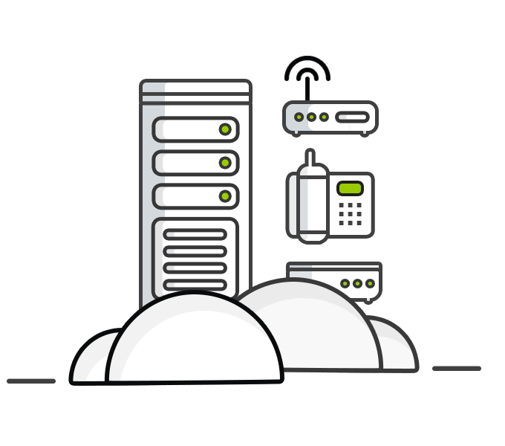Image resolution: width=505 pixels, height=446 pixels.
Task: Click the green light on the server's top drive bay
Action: pos(224,129)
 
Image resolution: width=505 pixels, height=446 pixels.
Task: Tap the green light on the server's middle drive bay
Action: pos(224,163)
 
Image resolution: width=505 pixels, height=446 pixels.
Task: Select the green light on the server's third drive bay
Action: pos(224,196)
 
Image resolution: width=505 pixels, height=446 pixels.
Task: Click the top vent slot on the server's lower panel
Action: pos(195,235)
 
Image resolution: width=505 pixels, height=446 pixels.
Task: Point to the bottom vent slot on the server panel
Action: pos(195,284)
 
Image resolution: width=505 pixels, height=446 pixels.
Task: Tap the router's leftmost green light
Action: pos(299,117)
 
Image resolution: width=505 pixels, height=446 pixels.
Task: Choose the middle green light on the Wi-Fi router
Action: pos(312,117)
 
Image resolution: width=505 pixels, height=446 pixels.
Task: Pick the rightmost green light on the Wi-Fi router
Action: pos(324,117)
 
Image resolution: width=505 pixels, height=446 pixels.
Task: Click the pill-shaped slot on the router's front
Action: pos(352,117)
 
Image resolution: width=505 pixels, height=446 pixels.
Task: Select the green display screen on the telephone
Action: pos(350,188)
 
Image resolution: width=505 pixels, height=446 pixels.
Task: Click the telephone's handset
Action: pos(313,203)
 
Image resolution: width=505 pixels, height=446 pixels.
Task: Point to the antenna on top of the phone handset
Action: pos(310,157)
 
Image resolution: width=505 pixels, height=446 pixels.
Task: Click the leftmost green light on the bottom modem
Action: pos(345,283)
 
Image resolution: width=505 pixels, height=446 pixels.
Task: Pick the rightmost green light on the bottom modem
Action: pos(370,283)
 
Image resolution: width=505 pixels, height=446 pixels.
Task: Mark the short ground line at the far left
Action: pos(31,381)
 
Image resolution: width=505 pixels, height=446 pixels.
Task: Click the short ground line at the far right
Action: pos(457,369)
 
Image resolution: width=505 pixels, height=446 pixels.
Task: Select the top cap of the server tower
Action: pos(195,87)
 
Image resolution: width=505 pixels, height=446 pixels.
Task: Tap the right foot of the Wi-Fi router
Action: pos(364,135)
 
